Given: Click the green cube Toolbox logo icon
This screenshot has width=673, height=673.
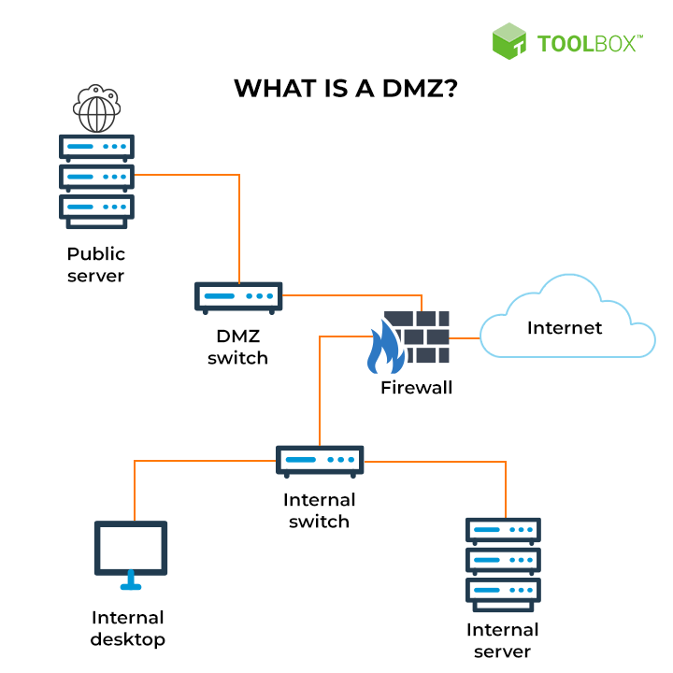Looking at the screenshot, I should tap(509, 41).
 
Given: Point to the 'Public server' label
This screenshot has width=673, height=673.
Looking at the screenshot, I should tap(96, 265).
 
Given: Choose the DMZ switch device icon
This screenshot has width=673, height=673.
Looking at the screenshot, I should tap(238, 297).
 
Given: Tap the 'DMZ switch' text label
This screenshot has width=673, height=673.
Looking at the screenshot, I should tap(237, 347).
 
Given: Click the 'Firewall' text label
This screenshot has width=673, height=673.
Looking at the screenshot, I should tap(416, 387).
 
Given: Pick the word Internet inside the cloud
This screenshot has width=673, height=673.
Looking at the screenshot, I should tap(565, 327).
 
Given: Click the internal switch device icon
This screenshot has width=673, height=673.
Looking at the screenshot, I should tap(320, 461).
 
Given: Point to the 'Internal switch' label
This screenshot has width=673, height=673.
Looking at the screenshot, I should tap(320, 510).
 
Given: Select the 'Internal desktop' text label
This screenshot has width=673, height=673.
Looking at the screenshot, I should tap(128, 628).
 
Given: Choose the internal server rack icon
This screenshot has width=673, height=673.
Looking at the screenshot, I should tap(503, 565).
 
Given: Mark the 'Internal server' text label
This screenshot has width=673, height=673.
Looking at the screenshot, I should tap(503, 640).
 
